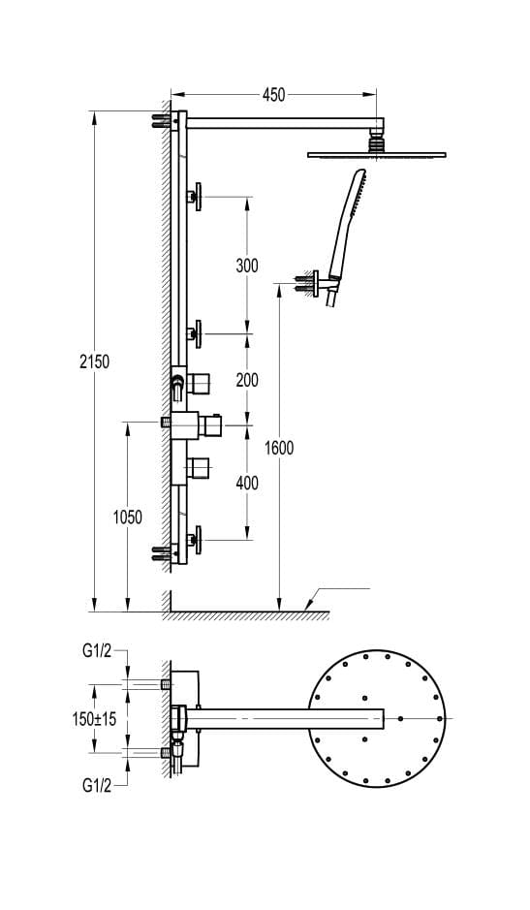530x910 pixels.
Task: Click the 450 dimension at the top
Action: tap(274, 95)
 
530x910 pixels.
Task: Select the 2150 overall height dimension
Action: tap(94, 361)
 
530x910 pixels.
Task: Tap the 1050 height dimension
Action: tap(127, 518)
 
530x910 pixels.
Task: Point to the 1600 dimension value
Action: tap(279, 448)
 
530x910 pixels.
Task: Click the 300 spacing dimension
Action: tap(247, 266)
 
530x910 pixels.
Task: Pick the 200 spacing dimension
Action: tap(247, 380)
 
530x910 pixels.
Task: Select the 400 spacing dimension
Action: tap(247, 482)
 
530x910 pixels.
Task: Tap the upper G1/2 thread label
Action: tap(97, 652)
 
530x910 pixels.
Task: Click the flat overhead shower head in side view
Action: tap(377, 154)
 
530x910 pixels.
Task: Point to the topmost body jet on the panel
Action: tap(197, 197)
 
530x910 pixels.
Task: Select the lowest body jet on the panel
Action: tap(197, 539)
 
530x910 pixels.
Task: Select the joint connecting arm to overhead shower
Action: tap(377, 141)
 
